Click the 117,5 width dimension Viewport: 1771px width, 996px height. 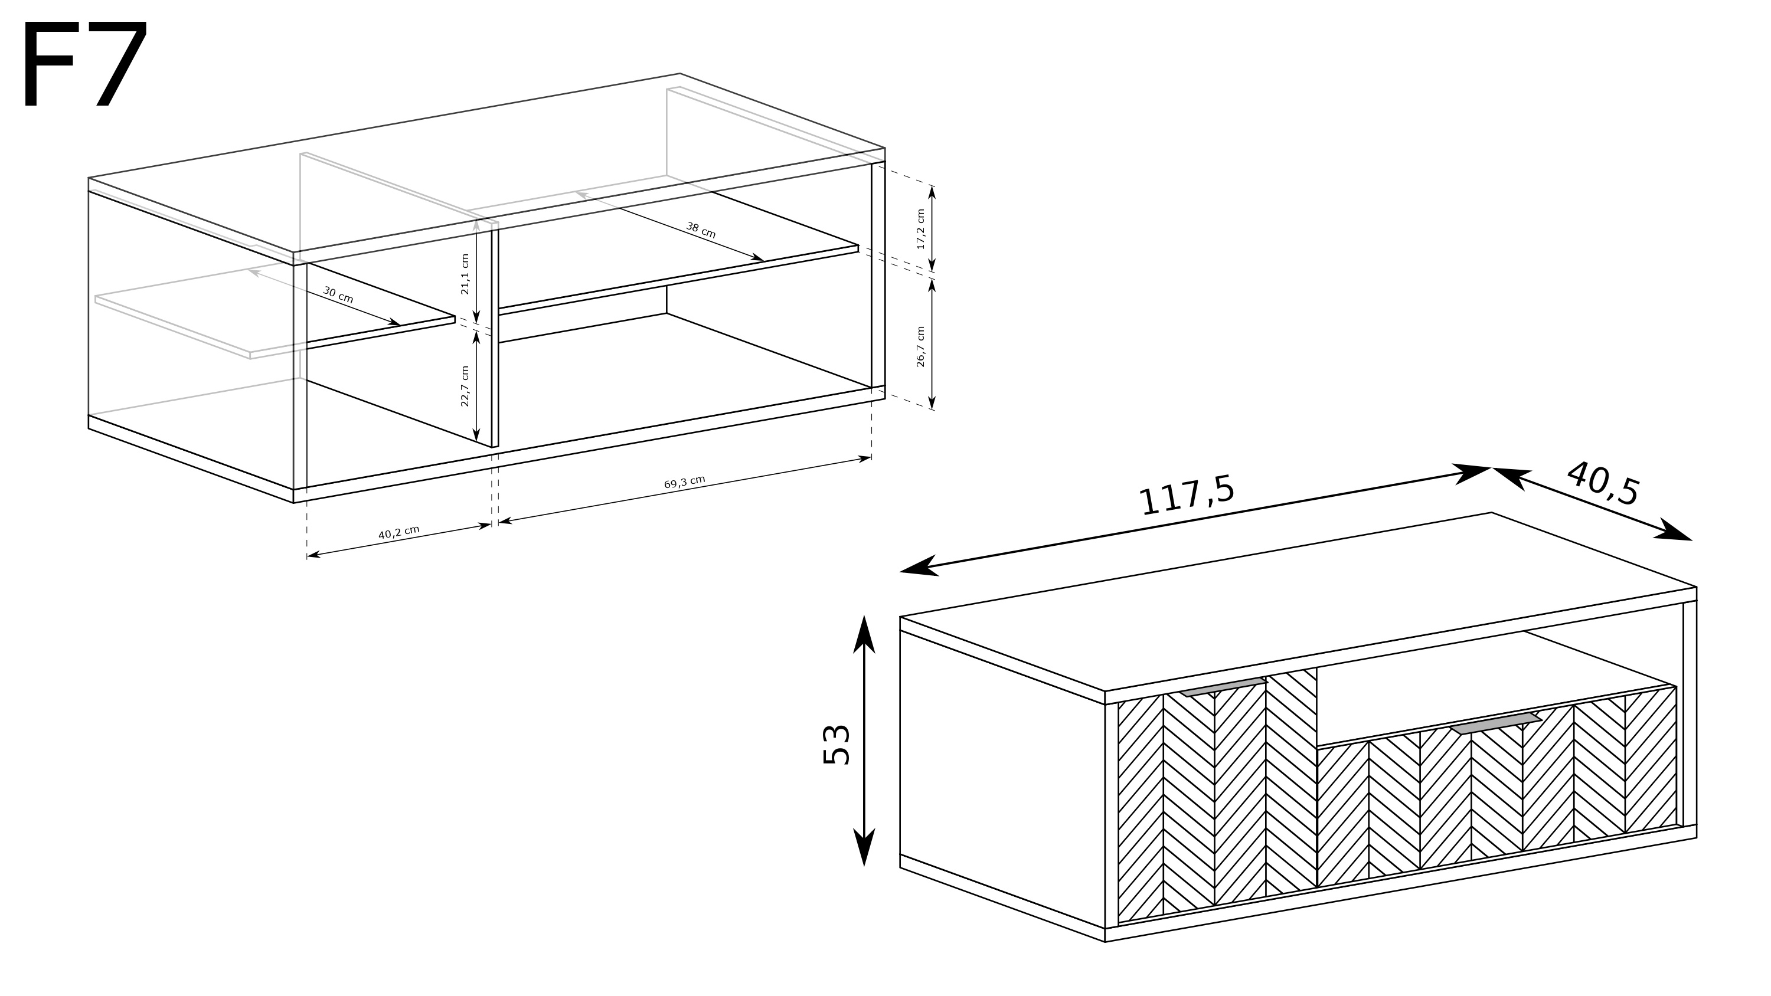(1187, 494)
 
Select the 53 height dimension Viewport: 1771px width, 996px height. (837, 745)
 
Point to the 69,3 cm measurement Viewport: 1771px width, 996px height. (684, 483)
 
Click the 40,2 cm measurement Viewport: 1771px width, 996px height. (398, 533)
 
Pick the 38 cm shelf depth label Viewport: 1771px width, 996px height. (701, 230)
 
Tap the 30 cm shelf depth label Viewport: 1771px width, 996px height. (338, 295)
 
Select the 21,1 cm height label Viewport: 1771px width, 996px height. (465, 274)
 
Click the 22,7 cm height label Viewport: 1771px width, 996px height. (465, 386)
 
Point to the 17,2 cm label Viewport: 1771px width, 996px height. (920, 230)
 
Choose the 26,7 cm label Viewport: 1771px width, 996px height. (920, 346)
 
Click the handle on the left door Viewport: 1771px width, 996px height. (1223, 688)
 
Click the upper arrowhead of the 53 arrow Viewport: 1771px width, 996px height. (864, 633)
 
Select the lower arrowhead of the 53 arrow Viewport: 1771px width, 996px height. (864, 847)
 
